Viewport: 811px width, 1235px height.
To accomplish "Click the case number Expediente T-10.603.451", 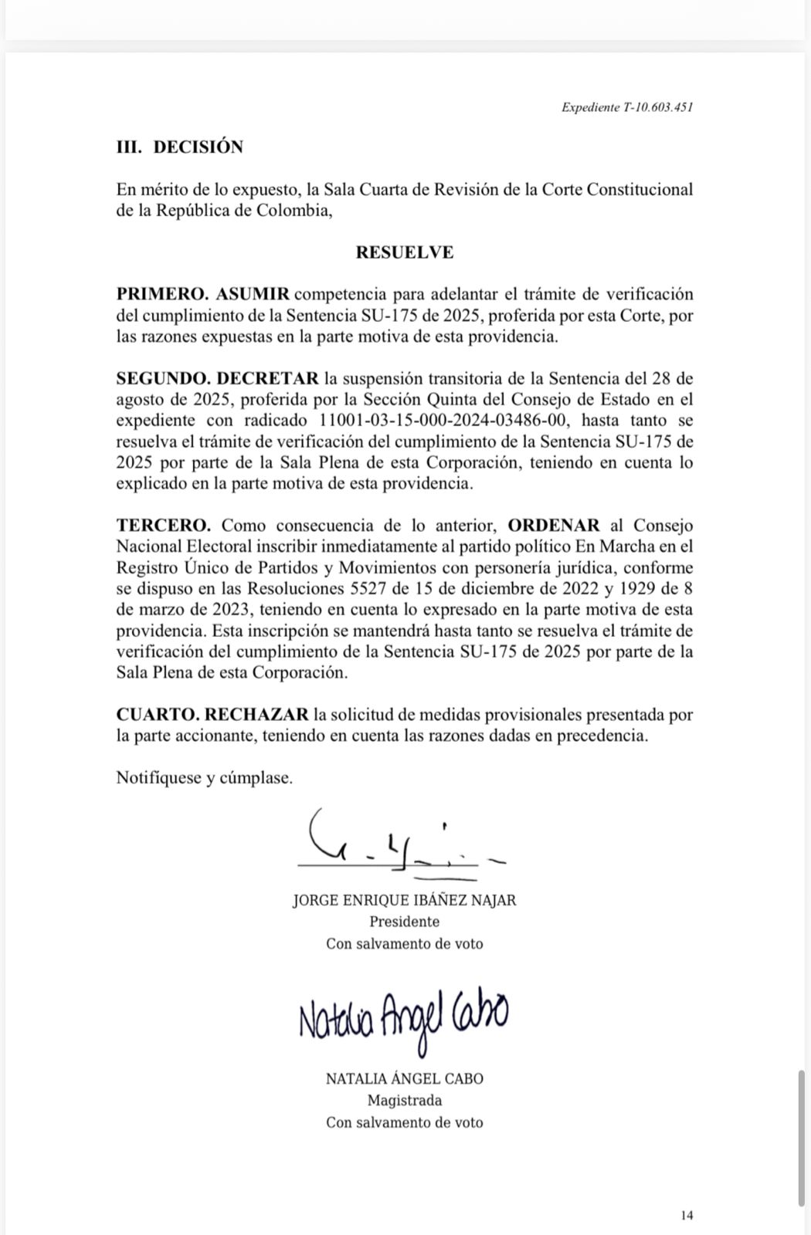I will point(626,108).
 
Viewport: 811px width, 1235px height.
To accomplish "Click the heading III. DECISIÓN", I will point(179,147).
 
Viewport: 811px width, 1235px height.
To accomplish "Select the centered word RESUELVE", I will point(404,252).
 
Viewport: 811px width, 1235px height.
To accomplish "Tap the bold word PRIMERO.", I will point(162,294).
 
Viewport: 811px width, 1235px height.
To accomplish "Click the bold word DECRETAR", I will point(267,378).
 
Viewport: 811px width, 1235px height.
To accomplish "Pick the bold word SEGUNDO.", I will point(163,378).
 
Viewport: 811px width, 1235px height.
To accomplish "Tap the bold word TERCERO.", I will point(163,526).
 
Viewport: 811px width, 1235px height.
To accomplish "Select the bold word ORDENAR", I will point(553,526).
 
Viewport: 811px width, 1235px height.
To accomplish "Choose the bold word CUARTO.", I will point(157,715).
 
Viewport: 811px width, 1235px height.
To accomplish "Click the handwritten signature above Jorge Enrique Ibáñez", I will point(402,843).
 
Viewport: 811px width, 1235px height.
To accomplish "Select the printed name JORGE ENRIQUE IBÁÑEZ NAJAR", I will point(404,900).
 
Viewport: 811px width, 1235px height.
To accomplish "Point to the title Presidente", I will point(404,922).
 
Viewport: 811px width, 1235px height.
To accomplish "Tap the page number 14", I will point(687,1216).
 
